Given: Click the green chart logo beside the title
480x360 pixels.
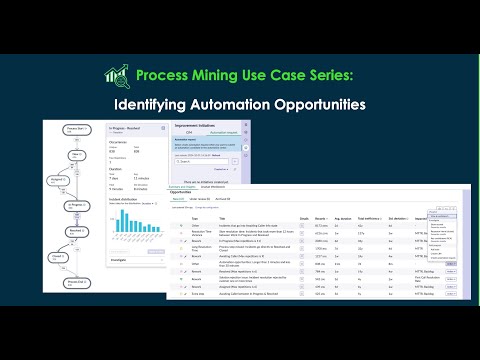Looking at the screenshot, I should click(117, 75).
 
